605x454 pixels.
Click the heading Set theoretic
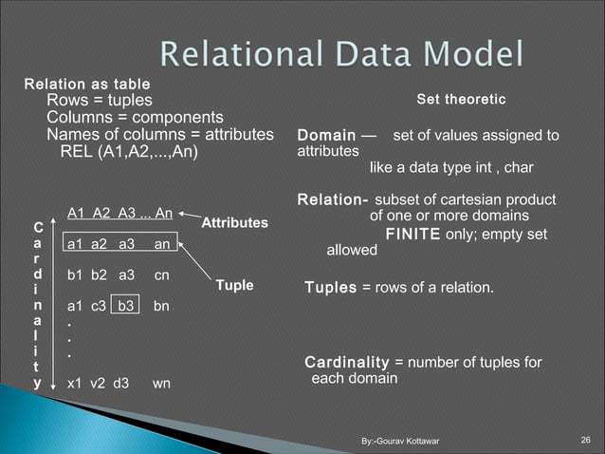(x=461, y=100)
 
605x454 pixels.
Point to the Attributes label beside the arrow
(x=234, y=221)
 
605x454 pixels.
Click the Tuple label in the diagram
(x=233, y=285)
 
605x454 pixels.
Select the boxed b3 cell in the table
(x=127, y=306)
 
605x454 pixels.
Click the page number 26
(x=585, y=439)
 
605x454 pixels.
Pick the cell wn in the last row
(x=161, y=385)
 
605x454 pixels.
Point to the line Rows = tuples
(x=100, y=101)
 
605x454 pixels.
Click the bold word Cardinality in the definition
(x=346, y=363)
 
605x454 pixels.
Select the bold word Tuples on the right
(x=330, y=288)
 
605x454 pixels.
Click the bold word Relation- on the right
(x=333, y=200)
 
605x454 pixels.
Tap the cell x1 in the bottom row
(x=74, y=385)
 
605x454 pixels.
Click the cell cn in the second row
(x=161, y=275)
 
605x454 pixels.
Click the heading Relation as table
(x=80, y=84)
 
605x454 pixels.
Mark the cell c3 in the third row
(x=98, y=306)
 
